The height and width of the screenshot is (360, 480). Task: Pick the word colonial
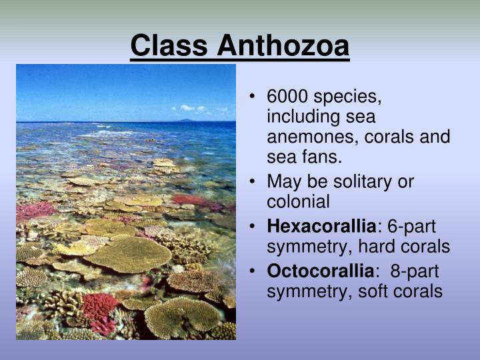pyautogui.click(x=298, y=201)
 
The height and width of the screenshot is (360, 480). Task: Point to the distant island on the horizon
pyautogui.click(x=185, y=120)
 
